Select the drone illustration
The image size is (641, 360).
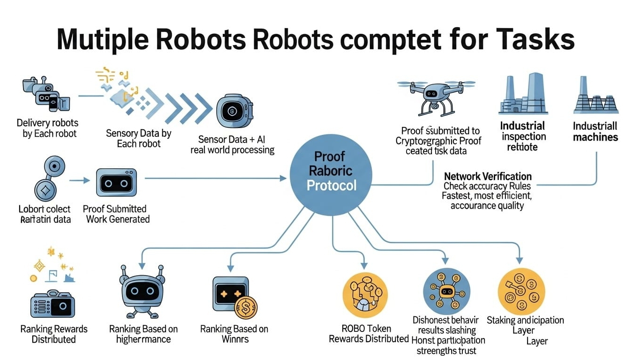coord(436,94)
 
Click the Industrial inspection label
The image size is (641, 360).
coord(523,136)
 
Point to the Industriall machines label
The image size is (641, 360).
coord(595,132)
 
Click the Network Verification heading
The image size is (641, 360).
coord(488,176)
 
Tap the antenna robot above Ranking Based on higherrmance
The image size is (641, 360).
coord(143,291)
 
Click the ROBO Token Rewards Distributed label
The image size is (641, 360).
coord(369,334)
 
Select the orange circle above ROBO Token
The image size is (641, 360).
coord(365,295)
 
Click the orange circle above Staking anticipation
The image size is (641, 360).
coord(521,291)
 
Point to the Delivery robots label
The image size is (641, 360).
coord(47,128)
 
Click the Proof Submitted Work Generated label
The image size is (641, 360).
coord(115,214)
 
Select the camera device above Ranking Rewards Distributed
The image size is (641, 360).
coord(53,305)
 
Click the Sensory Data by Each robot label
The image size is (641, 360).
coord(138,138)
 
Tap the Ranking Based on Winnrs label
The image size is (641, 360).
coord(234,334)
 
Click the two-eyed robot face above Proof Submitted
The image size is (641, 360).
coord(116,182)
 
